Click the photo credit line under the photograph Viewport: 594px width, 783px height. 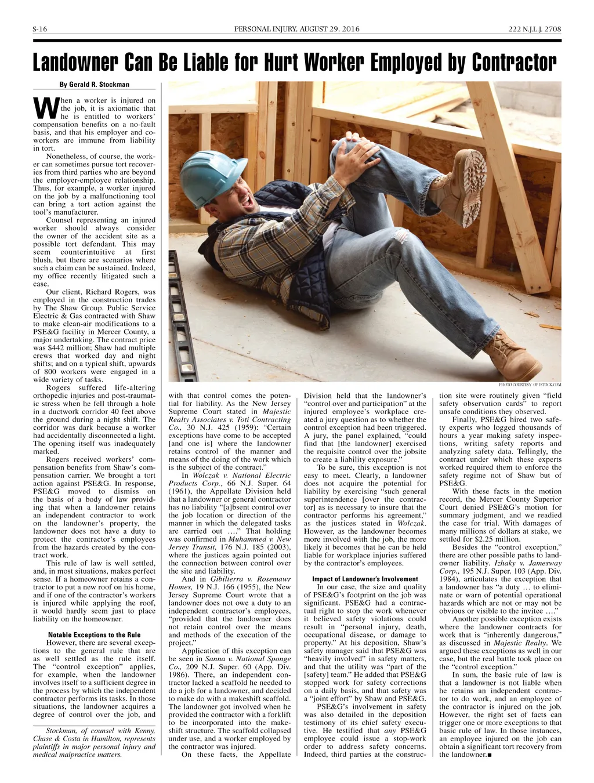(x=530, y=384)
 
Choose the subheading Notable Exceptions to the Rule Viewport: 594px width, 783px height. (x=94, y=635)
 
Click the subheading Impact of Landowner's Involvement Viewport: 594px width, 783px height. (x=365, y=579)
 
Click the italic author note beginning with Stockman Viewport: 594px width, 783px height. (x=94, y=743)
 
